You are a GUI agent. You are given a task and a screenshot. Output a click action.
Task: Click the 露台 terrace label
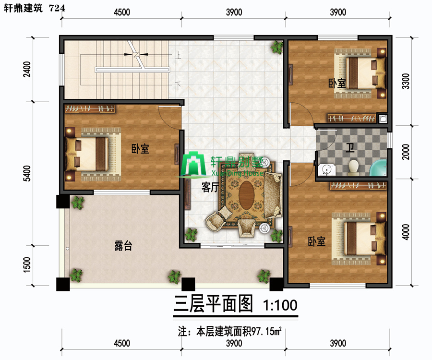tap(123, 245)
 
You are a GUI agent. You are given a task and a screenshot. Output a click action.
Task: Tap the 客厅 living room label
tap(210, 188)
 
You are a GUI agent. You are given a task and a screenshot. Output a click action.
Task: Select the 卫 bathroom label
tap(350, 148)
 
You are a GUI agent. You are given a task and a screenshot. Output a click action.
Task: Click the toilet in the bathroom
tap(353, 168)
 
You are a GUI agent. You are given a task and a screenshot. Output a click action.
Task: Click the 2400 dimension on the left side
tap(27, 69)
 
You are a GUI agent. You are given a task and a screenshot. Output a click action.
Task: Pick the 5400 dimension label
tap(27, 173)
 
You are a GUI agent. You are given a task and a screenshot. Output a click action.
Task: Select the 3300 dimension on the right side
tap(406, 81)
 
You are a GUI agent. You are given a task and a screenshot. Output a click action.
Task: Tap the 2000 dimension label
tap(406, 152)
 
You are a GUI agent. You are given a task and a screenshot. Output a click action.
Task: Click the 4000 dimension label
tap(406, 232)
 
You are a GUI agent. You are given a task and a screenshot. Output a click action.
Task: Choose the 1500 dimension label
tap(27, 264)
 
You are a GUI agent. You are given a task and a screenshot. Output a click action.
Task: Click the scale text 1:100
tap(280, 305)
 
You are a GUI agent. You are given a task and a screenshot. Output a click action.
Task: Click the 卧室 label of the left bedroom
tap(140, 149)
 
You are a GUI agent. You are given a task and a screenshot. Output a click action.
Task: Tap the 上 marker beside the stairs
tap(178, 55)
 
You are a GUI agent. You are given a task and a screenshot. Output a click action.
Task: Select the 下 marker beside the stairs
tap(178, 85)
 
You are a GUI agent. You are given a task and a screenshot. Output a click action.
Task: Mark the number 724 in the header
tap(57, 8)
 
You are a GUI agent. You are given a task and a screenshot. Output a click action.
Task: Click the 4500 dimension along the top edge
tap(122, 12)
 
